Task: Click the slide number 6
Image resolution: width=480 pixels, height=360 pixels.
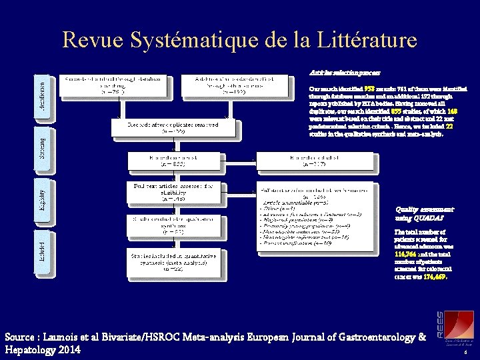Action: [464, 353]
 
